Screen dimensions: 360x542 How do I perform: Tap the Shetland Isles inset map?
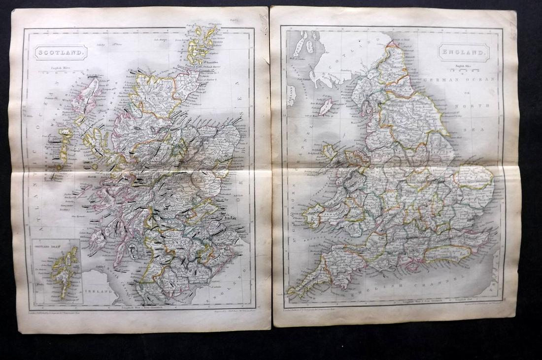[54, 271]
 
